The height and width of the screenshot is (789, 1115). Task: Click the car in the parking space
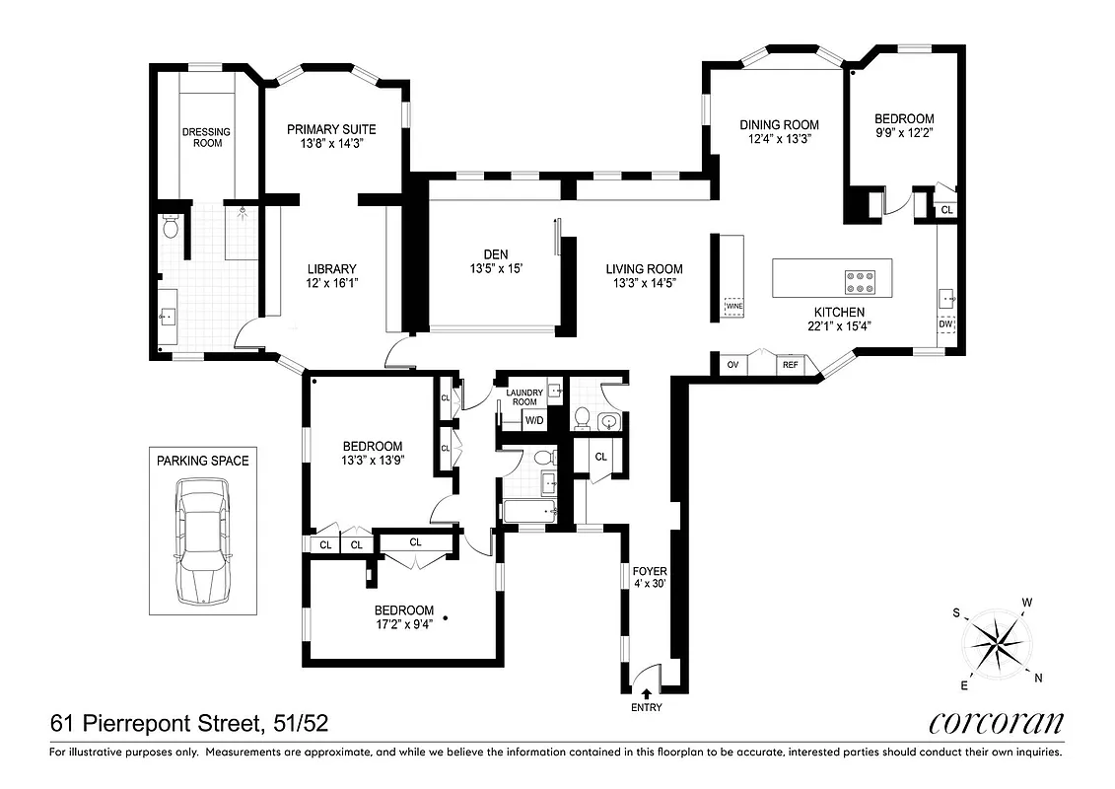coord(203,542)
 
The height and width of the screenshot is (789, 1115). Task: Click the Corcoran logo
coord(996,723)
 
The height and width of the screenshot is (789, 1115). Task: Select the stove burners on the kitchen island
coord(861,282)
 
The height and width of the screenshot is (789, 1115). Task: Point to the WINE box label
coord(733,307)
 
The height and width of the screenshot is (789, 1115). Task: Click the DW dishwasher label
coord(945,323)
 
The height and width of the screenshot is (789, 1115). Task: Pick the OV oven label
coord(732,365)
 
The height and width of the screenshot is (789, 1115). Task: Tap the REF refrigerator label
coord(790,365)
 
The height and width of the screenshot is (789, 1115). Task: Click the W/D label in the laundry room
coord(534,421)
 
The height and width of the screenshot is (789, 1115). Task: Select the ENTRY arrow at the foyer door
coord(647,694)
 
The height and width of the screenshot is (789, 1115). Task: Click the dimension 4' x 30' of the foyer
coord(650,584)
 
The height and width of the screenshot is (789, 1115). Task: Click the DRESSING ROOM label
coord(207,137)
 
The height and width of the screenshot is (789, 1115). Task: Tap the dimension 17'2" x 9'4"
coord(404,622)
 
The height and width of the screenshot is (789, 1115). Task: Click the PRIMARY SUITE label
coord(331,129)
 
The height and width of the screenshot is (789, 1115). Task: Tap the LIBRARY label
coord(331,268)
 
